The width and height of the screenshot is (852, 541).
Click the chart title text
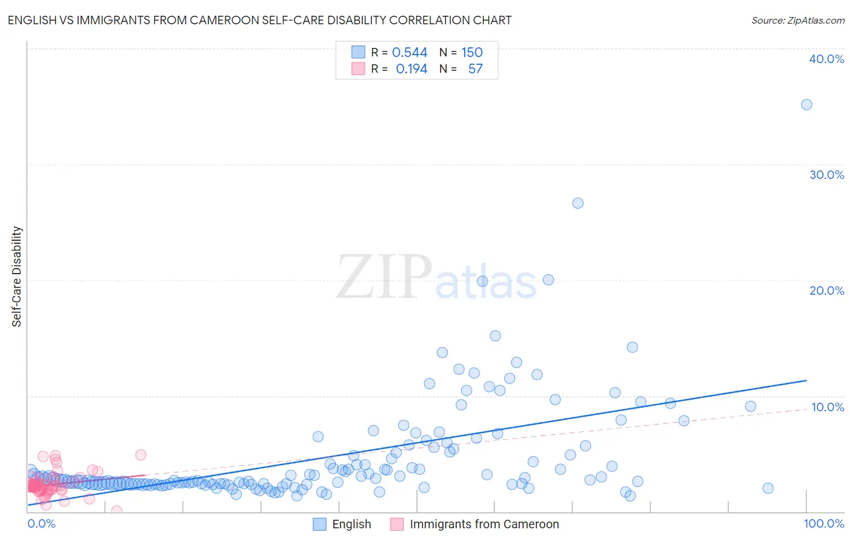259,20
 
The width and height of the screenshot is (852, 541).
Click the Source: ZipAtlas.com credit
797,20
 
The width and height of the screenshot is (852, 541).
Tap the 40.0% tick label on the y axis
826,59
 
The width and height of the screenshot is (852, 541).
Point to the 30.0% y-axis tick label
826,175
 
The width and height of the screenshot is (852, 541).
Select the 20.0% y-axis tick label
826,291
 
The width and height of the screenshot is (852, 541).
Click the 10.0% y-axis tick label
827,407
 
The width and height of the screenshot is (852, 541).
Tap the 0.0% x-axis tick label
41,524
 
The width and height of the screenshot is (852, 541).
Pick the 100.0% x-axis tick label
824,524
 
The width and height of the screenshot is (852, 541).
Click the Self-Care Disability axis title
17,277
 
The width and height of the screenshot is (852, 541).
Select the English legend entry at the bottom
342,525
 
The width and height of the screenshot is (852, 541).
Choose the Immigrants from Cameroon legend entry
474,525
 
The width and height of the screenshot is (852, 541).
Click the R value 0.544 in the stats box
410,53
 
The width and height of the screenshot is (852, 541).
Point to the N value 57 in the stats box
475,69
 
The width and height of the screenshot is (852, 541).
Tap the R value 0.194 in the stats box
411,69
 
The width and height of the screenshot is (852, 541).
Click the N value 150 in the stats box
472,53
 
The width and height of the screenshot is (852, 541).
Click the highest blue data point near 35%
806,105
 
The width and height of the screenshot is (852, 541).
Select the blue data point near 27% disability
577,203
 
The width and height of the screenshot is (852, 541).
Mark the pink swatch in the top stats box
358,69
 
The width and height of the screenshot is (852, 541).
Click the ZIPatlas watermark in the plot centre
436,278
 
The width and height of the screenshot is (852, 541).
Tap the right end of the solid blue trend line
806,380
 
